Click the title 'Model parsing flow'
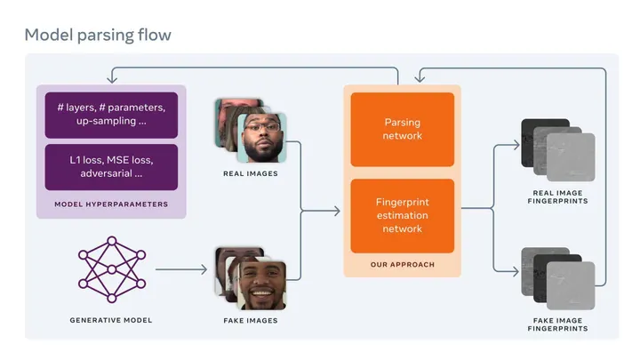[x=98, y=35]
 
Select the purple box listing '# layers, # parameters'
[x=111, y=114]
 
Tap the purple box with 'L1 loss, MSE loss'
[x=111, y=167]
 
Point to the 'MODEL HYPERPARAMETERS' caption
[x=111, y=204]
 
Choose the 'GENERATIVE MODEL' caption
[x=111, y=320]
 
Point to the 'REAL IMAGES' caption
[x=250, y=174]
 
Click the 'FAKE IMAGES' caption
[x=250, y=320]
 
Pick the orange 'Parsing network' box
[x=402, y=129]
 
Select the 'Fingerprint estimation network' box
[x=402, y=215]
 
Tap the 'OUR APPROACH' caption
[x=402, y=265]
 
